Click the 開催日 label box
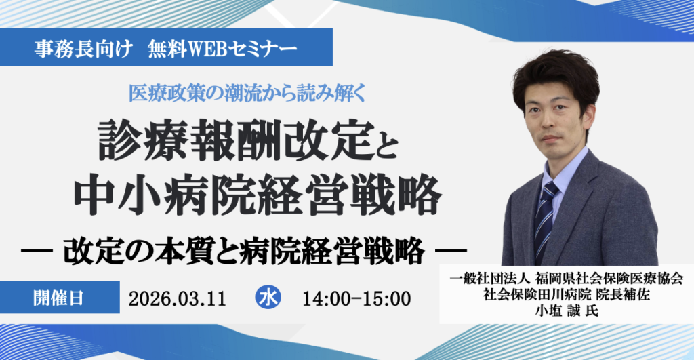pyautogui.click(x=59, y=298)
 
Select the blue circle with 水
pyautogui.click(x=268, y=298)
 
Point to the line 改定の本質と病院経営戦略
pyautogui.click(x=244, y=250)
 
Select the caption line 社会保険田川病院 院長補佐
pyautogui.click(x=566, y=295)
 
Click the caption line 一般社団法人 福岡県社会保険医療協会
pyautogui.click(x=566, y=279)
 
